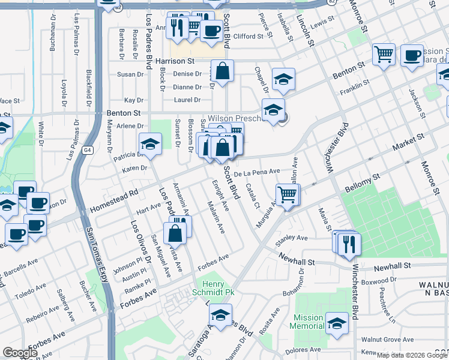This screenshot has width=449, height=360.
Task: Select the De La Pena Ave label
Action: coord(257,172)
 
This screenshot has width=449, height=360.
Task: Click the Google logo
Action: coord(20,353)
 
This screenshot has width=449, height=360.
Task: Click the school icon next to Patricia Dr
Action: coord(150,143)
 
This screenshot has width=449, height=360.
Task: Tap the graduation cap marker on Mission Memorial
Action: coord(337,323)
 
